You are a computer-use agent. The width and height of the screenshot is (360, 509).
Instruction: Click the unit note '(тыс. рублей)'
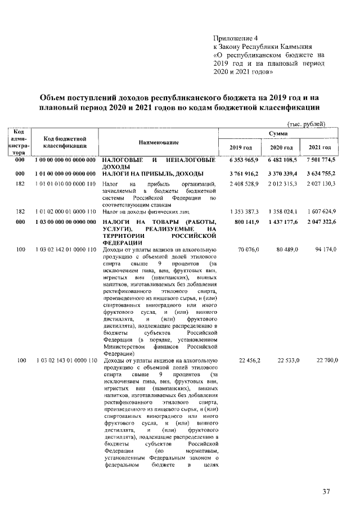pyautogui.click(x=307, y=124)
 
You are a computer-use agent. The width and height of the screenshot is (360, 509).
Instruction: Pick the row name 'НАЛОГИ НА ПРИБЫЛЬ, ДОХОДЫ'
pyautogui.click(x=152, y=173)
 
